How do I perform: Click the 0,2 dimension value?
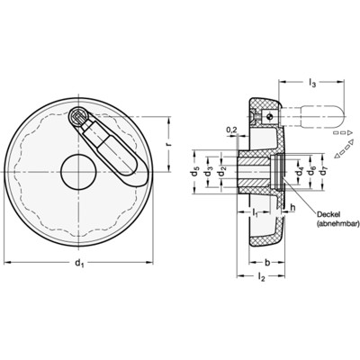(234, 130)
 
